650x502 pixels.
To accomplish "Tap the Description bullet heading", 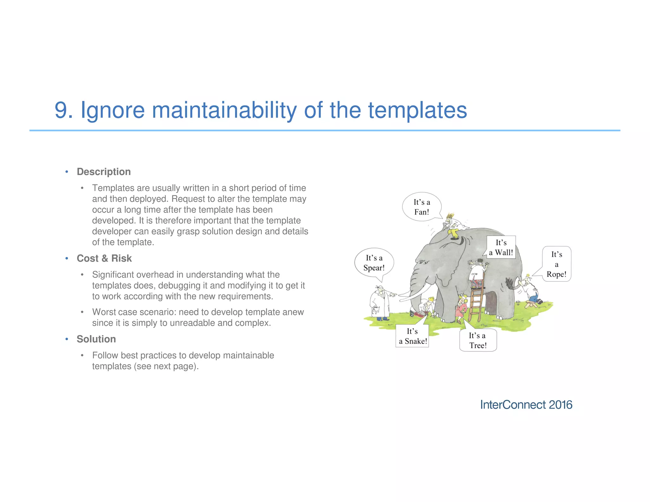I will pos(103,172).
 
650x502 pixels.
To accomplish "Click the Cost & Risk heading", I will pos(104,258).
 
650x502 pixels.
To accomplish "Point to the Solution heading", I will pos(96,339).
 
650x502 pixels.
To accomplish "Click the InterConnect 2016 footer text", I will pos(526,405).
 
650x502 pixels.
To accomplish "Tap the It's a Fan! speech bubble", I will pos(421,207).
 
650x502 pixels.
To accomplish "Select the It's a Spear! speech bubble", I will pos(374,263).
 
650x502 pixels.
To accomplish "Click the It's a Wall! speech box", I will pos(501,248).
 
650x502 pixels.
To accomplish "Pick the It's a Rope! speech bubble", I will pos(556,264).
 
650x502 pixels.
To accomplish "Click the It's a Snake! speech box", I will pos(412,336).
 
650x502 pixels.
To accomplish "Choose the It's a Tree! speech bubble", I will pos(478,340).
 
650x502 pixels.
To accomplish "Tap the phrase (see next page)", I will pos(166,366).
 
